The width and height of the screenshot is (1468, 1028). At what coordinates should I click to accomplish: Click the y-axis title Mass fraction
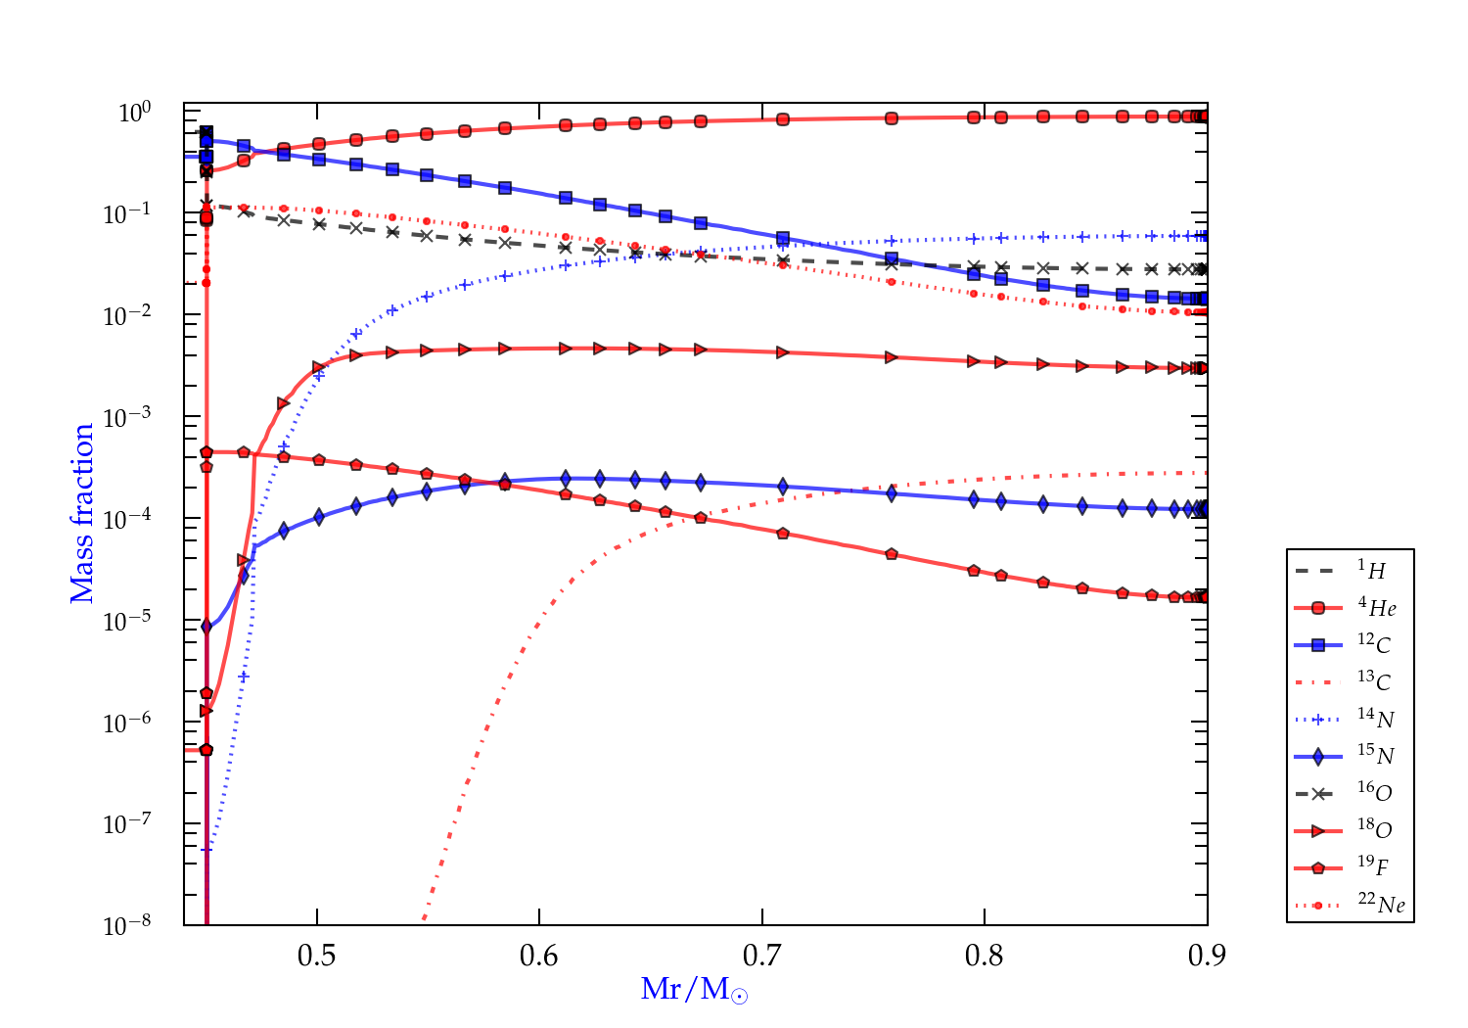pos(82,513)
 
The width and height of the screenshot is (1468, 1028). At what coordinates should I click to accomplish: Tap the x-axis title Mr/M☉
pos(694,990)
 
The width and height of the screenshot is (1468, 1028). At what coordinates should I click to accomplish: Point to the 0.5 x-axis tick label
pos(316,956)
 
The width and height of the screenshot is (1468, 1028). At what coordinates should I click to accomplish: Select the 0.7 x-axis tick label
pos(761,956)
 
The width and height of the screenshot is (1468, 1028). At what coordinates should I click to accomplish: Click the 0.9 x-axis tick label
pos(1207,956)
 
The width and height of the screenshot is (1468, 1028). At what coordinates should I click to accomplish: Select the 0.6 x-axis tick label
pos(539,956)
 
